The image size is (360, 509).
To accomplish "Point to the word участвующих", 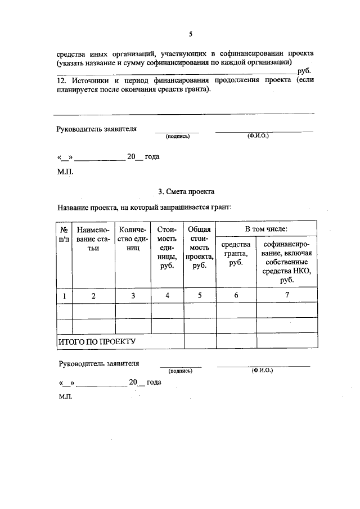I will click(178, 53).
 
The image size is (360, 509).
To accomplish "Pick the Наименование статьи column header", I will click(93, 238).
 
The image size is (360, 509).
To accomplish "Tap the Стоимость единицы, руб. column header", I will click(167, 247).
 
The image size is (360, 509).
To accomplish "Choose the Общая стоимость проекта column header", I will click(199, 247).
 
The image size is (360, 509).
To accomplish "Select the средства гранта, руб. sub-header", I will click(236, 254).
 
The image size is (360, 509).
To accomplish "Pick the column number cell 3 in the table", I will click(133, 296).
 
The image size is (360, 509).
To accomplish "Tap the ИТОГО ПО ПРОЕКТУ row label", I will click(97, 341).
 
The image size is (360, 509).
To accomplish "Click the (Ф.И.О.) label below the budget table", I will click(262, 370).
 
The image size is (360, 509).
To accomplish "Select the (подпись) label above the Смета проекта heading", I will click(177, 136).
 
